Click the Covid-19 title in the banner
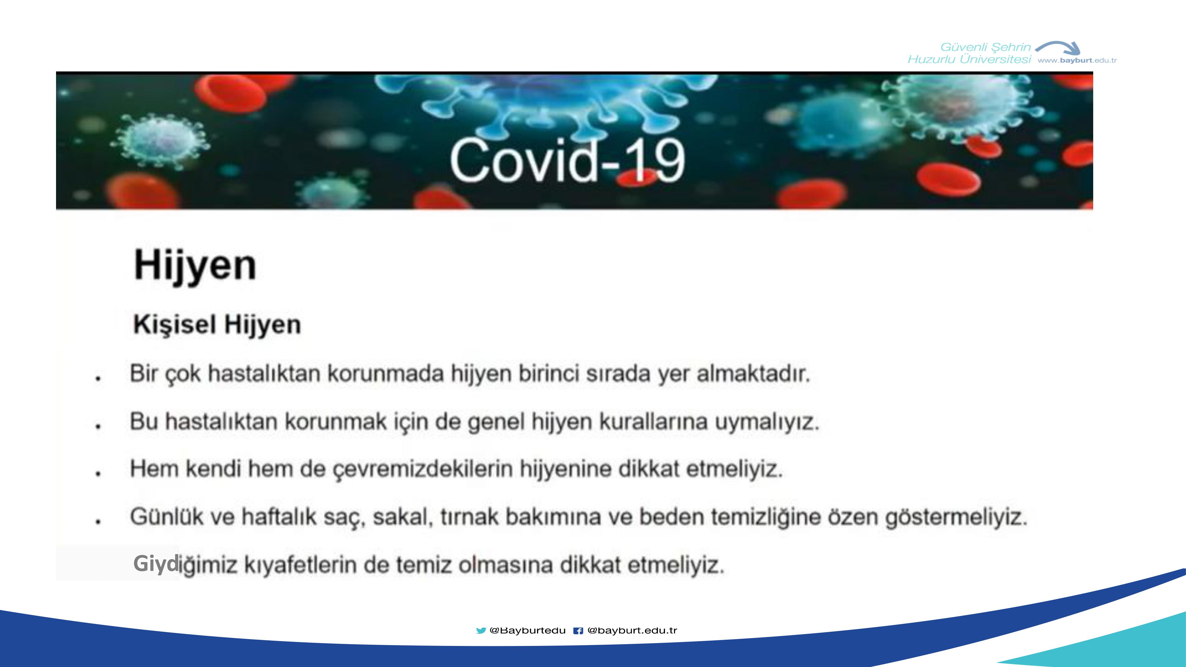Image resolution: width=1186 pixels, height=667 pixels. [x=567, y=160]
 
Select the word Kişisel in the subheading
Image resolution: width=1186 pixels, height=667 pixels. [x=175, y=325]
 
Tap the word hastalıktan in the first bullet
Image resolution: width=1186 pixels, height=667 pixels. [x=264, y=373]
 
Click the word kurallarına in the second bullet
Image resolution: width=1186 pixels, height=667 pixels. [x=653, y=421]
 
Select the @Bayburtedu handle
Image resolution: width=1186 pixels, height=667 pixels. [x=528, y=631]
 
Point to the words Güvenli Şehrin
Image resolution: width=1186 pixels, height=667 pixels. [x=985, y=47]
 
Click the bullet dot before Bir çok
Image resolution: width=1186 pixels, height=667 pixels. [x=98, y=378]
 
